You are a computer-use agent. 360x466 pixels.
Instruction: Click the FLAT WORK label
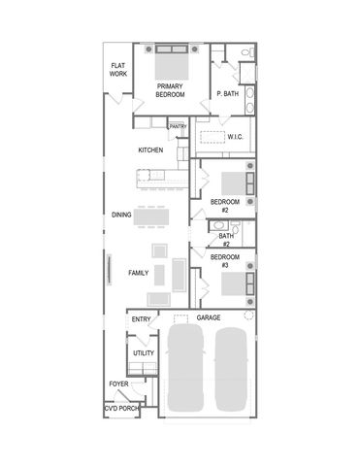coord(118,69)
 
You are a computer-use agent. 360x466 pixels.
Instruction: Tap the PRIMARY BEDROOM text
coord(170,90)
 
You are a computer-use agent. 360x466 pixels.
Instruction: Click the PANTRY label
coord(178,126)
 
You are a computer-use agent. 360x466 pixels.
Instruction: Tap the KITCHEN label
coord(150,150)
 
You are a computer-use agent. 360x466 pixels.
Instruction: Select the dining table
coord(154,216)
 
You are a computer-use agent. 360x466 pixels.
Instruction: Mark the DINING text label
coord(121,215)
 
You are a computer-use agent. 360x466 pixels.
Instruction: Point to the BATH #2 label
coord(226,240)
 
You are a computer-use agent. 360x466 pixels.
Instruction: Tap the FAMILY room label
coord(139,273)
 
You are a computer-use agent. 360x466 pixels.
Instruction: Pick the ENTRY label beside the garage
coord(141,318)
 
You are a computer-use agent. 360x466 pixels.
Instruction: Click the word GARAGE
coord(209,317)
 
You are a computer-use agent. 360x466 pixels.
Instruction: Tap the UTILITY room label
coord(144,353)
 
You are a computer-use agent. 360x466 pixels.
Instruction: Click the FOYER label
coord(118,383)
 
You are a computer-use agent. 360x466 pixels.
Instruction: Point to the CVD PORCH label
coord(122,409)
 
